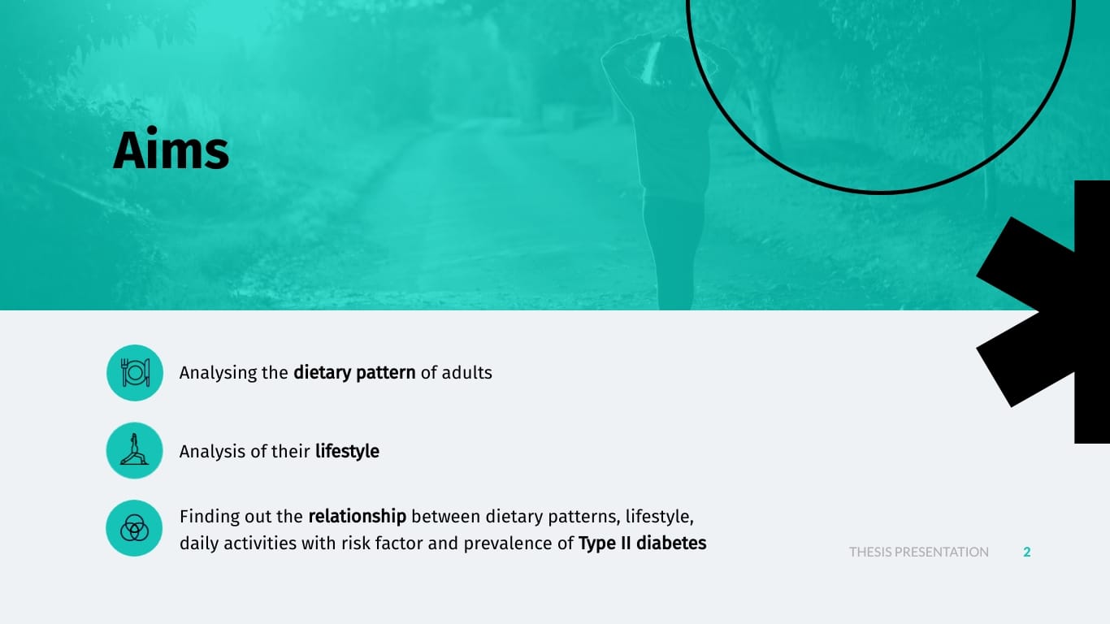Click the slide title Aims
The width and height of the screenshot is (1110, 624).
point(171,149)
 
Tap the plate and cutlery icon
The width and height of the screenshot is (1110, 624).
point(135,373)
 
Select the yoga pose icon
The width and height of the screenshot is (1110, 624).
point(134,449)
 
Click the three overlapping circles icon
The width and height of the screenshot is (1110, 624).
point(134,528)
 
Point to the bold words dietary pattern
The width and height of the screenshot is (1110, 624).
point(354,373)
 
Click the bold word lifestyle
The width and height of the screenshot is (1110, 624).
point(347,451)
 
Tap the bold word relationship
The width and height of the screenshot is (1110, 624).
point(358,517)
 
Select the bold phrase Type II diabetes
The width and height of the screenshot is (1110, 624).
point(642,544)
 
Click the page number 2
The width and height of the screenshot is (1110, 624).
point(1027,552)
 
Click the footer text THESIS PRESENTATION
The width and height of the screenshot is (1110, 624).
point(919,552)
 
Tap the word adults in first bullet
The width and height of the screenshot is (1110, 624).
point(466,373)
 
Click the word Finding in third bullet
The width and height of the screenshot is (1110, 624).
point(209,517)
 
